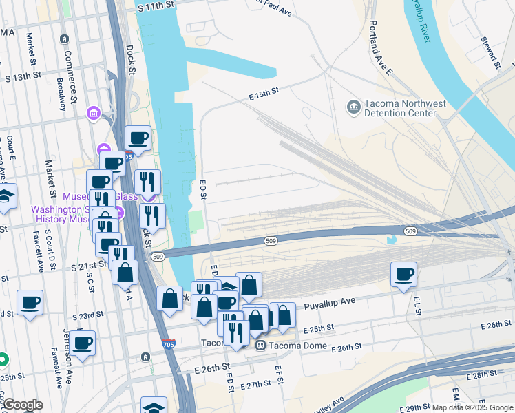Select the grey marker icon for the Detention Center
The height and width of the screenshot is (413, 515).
(353, 107)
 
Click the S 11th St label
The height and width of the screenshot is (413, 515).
(156, 5)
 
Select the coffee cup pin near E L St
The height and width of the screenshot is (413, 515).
(404, 274)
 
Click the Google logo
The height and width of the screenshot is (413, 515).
(23, 405)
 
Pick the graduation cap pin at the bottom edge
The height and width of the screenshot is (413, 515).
(154, 406)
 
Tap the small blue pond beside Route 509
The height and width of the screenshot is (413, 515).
(392, 240)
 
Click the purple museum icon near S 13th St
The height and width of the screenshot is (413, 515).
(93, 112)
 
